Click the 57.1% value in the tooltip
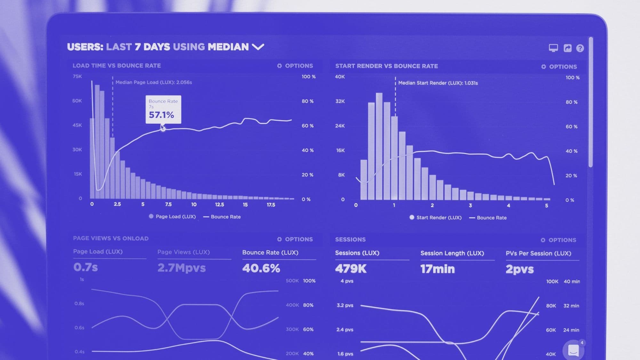coord(162,115)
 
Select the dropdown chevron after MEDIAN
coord(258,47)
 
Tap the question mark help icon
coord(580,48)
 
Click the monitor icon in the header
coord(553,48)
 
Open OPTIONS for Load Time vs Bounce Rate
coord(295,66)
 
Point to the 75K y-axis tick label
coord(77,76)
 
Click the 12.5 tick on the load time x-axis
coord(220,204)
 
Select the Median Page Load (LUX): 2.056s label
coord(154,82)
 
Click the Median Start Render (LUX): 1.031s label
coord(438,83)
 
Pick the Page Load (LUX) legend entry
coord(172,217)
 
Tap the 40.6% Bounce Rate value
coord(261,268)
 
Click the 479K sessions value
coord(351,269)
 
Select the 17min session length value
coord(437,269)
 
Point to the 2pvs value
coord(520,269)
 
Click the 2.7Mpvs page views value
coord(181,268)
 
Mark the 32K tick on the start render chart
coord(340,101)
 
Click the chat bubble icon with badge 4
coord(573,350)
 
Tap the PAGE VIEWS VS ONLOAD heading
coord(111,238)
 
